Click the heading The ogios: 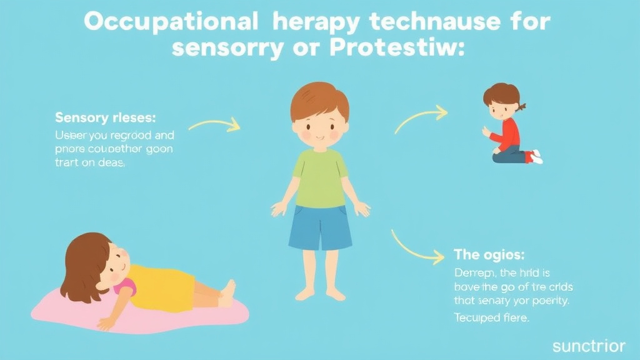pos(489,255)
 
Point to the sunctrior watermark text pos(589,346)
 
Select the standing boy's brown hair pos(319,100)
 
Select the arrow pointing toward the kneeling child pos(421,118)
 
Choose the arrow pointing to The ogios pos(417,247)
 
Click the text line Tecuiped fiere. pos(491,317)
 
